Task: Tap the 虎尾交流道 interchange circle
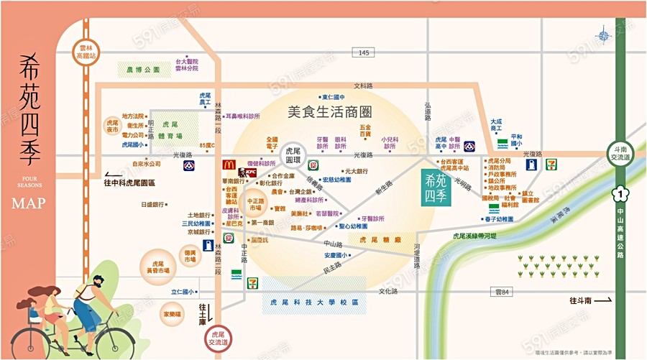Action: point(218,338)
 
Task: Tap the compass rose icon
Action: point(602,34)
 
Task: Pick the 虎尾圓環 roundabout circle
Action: point(293,156)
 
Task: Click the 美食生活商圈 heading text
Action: point(329,113)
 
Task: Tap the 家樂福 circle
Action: point(172,314)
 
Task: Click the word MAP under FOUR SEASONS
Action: point(29,203)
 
